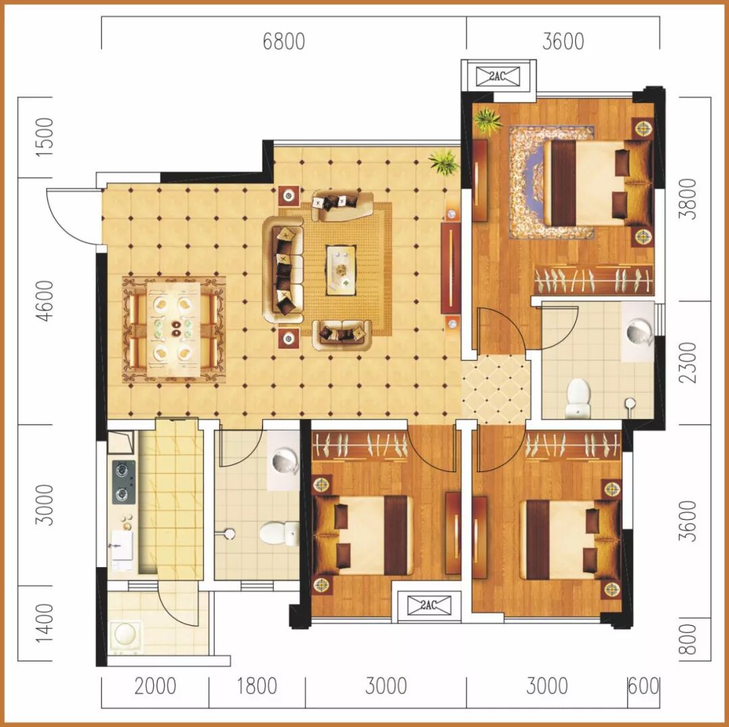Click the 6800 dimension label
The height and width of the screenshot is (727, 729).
[x=283, y=41]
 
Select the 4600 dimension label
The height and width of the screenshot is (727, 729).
[x=45, y=301]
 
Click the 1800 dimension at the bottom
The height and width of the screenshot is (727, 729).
[x=257, y=686]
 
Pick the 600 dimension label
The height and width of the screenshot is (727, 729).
[x=643, y=686]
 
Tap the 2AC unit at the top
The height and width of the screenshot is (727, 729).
[x=497, y=76]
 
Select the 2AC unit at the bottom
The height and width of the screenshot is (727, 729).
[x=429, y=605]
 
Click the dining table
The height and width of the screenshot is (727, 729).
[x=174, y=329]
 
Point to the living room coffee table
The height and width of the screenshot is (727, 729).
[x=341, y=270]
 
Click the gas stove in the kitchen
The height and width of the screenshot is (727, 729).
[x=124, y=483]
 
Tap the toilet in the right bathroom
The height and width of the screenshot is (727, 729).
[x=578, y=398]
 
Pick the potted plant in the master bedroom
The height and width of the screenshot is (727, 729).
[x=487, y=121]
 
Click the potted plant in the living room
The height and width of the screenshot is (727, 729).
[x=444, y=162]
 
